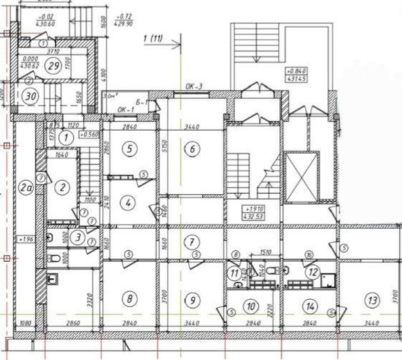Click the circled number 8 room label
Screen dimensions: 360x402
[x=129, y=296]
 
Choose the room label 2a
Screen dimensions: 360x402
[x=26, y=187]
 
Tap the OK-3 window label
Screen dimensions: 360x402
[x=193, y=87]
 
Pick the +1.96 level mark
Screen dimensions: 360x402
[x=26, y=240]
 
